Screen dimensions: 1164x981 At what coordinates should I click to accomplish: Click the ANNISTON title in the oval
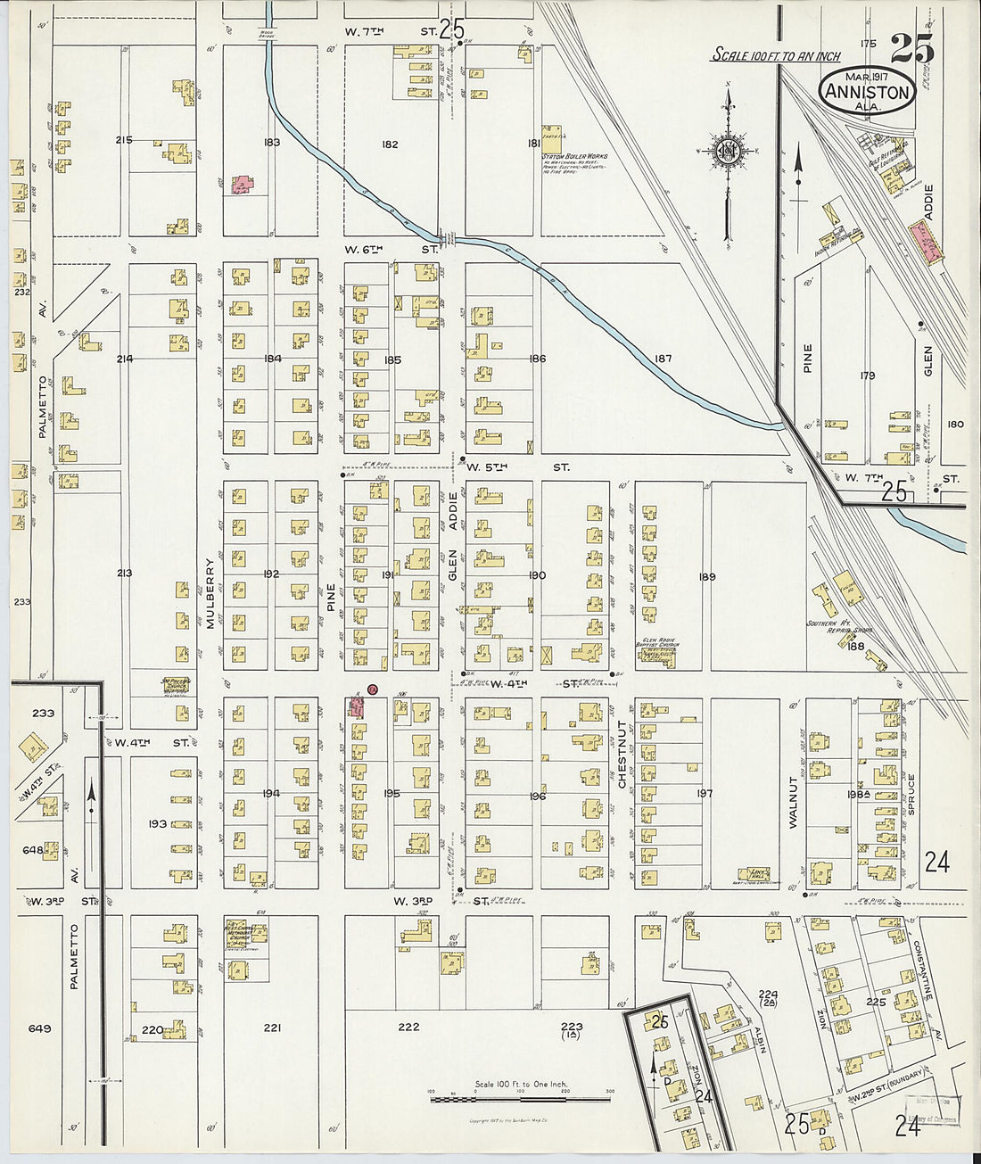[867, 92]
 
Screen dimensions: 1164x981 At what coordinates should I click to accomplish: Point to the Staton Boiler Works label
[575, 157]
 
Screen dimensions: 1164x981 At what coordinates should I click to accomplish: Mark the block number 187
[663, 359]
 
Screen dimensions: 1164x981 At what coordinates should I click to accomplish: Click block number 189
[707, 577]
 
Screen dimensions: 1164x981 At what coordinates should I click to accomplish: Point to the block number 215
[124, 140]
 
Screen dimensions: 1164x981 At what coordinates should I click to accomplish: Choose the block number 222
[408, 1028]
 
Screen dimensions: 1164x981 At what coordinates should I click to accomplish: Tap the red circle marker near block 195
[373, 689]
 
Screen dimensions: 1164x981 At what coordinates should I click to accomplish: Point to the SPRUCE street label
[911, 794]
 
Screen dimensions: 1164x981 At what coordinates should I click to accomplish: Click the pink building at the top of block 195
[356, 707]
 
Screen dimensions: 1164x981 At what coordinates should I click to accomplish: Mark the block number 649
[39, 1028]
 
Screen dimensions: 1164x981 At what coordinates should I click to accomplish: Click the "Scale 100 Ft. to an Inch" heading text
[775, 56]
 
